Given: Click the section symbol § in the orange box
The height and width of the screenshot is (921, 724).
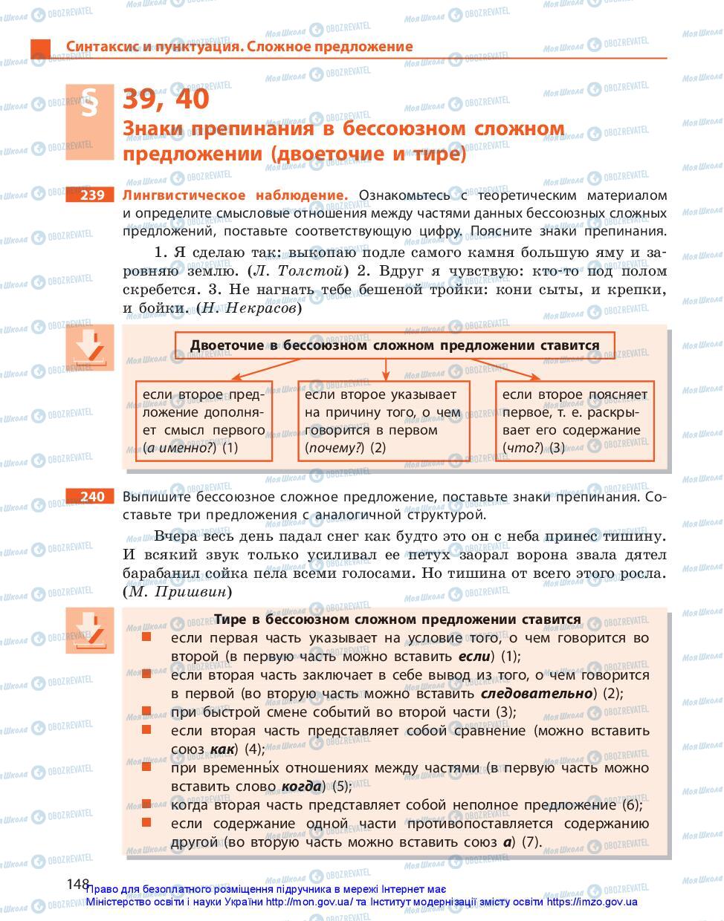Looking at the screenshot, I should [x=90, y=104].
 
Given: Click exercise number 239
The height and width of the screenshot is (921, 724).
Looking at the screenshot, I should [x=92, y=195].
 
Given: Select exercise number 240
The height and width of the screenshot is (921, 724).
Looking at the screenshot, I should [x=92, y=496].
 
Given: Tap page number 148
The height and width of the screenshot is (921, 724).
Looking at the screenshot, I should [x=78, y=884].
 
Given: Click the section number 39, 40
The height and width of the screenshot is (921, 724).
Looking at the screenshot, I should [x=166, y=99].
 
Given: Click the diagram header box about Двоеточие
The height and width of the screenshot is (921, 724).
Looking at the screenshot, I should [x=395, y=345].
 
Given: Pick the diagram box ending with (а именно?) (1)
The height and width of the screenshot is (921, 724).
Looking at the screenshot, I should [x=203, y=421].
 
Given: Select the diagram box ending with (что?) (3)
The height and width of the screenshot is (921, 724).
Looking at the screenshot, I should [x=575, y=421].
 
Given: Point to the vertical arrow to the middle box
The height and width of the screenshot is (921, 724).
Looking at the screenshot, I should [x=385, y=368].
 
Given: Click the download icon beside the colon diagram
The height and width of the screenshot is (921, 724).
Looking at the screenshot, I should [x=90, y=348].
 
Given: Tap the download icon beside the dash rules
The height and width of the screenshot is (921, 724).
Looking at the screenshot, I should [x=90, y=631].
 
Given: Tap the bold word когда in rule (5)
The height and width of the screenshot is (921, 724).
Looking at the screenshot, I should [x=301, y=787].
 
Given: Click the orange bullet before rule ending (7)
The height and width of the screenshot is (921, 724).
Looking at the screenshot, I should [x=146, y=823].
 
